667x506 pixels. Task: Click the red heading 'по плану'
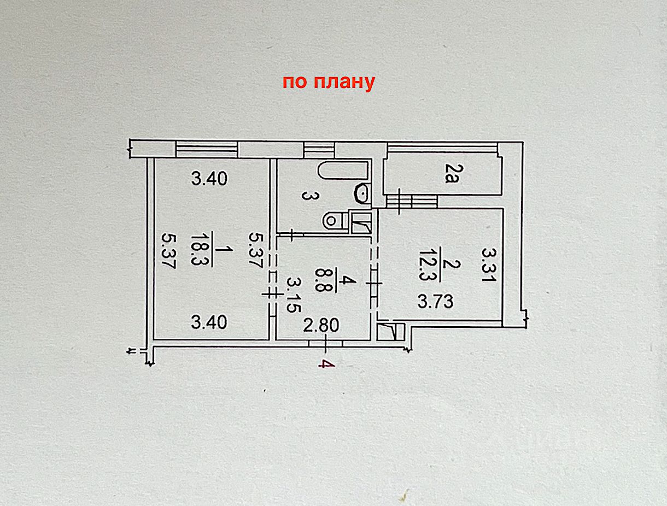(x=328, y=82)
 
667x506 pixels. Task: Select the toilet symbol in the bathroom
(x=335, y=220)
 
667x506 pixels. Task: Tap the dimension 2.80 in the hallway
(x=321, y=326)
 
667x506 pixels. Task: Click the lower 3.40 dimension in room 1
(x=209, y=322)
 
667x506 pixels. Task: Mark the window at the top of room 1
(x=206, y=149)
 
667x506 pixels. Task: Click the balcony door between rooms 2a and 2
(x=411, y=201)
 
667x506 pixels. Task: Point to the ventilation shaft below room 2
(x=390, y=332)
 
